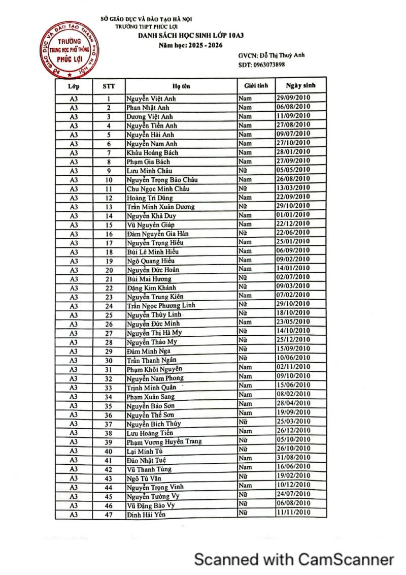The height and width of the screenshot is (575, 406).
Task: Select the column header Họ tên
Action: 180,86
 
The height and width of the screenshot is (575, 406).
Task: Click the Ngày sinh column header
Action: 300,85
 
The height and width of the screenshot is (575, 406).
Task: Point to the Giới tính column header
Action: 256,86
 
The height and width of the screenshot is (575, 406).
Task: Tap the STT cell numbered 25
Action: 109,315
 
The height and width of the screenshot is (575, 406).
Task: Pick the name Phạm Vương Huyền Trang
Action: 164,442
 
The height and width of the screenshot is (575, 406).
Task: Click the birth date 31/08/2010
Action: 293,459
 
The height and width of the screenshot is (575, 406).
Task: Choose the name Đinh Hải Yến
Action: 146,515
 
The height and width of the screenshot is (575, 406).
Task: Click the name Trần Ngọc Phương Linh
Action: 161,306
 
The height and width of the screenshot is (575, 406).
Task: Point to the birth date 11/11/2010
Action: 293,513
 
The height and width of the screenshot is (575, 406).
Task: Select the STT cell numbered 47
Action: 109,515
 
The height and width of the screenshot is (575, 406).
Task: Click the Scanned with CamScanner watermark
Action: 294,559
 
